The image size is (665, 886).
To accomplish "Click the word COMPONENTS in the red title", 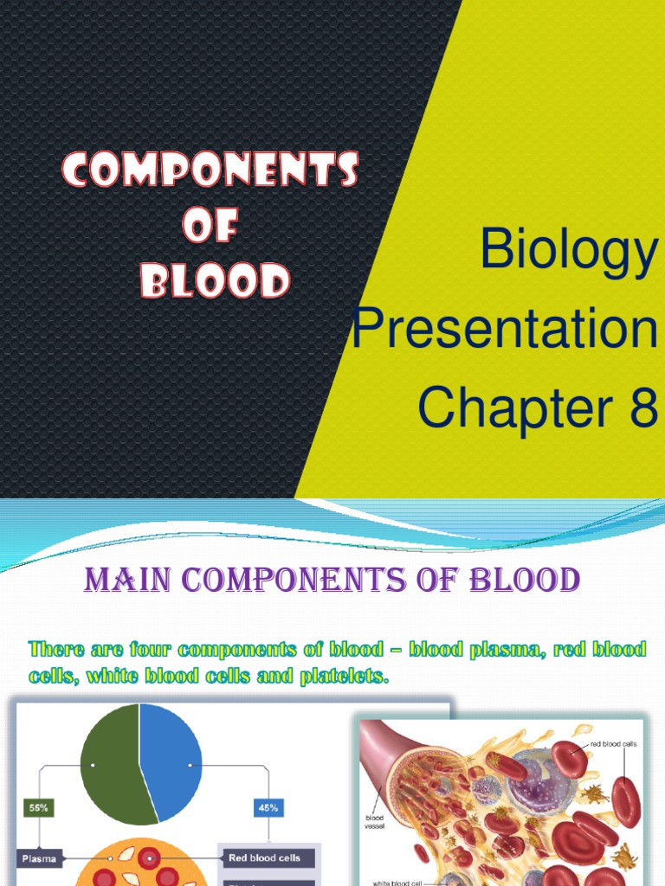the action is tap(210, 169).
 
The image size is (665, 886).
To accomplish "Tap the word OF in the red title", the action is tap(210, 225).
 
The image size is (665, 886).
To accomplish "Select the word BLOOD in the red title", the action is tap(216, 280).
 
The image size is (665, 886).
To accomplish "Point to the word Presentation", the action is tap(505, 328).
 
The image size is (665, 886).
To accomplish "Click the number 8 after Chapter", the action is tap(643, 408).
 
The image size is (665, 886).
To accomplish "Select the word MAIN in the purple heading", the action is tap(127, 581).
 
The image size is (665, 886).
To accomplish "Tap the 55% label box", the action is tap(38, 808).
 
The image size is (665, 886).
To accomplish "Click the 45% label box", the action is tap(268, 808).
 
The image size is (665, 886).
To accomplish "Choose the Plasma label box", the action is tap(39, 858).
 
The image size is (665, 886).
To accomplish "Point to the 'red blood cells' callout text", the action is tap(614, 744).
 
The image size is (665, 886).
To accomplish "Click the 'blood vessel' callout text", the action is tap(375, 822).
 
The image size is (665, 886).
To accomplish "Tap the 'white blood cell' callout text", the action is tap(397, 883).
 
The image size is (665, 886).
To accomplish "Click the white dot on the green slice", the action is tap(93, 765).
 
